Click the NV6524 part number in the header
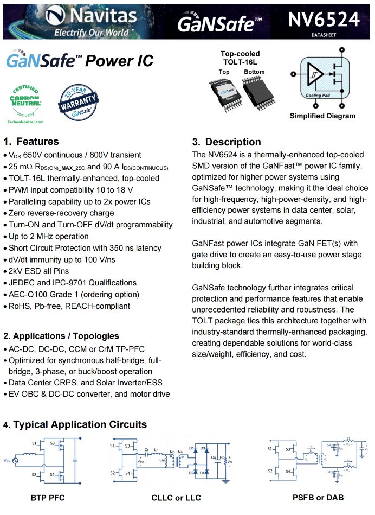click(x=324, y=19)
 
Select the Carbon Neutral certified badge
click(x=25, y=100)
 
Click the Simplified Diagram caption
click(x=322, y=116)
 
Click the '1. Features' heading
click(x=31, y=142)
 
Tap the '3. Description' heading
click(x=227, y=142)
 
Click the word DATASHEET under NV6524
click(x=324, y=34)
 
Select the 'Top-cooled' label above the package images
click(x=240, y=54)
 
